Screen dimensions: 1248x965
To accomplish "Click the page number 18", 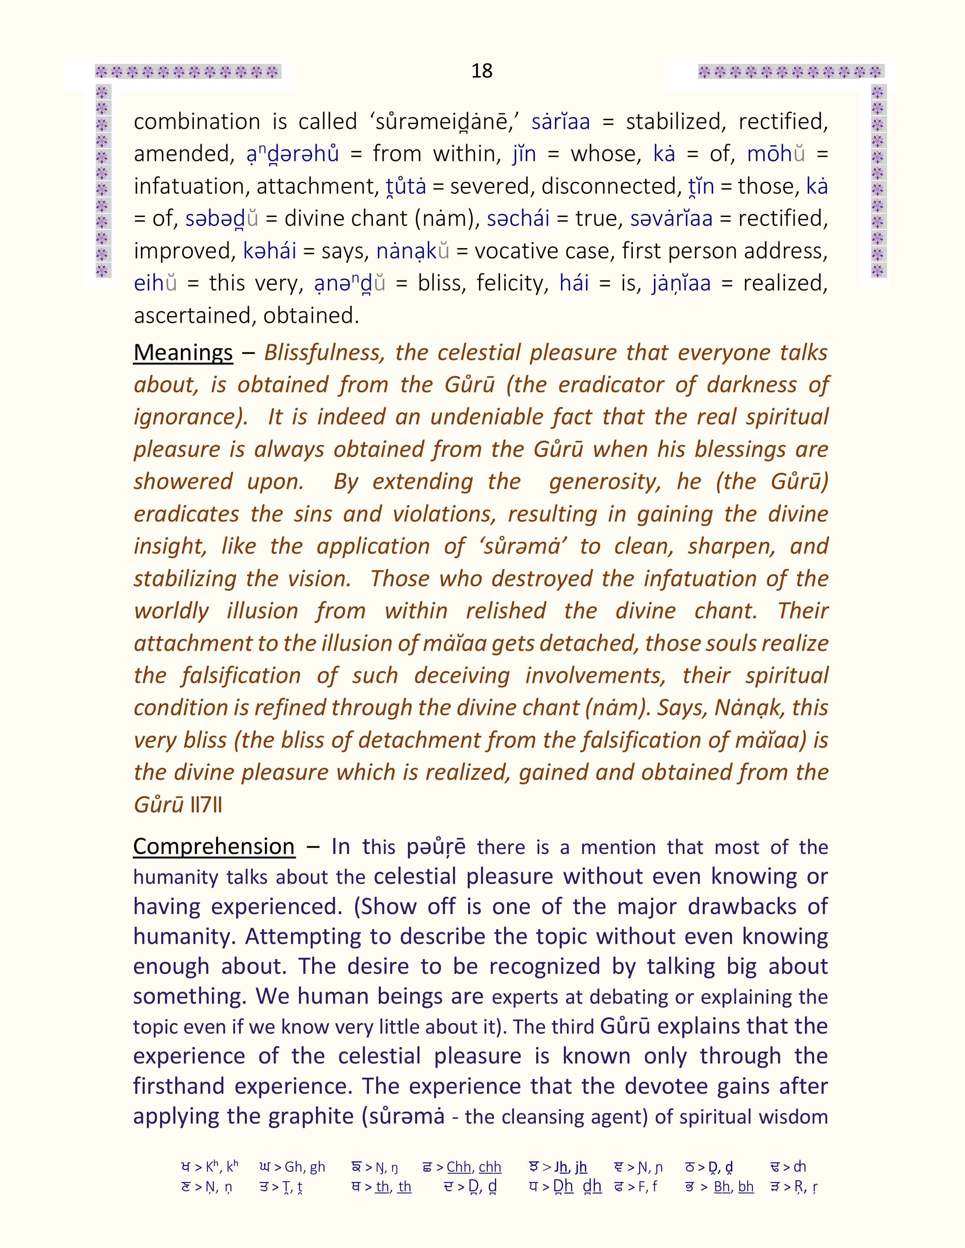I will click(482, 71).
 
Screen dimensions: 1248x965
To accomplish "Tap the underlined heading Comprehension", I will click(214, 846).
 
